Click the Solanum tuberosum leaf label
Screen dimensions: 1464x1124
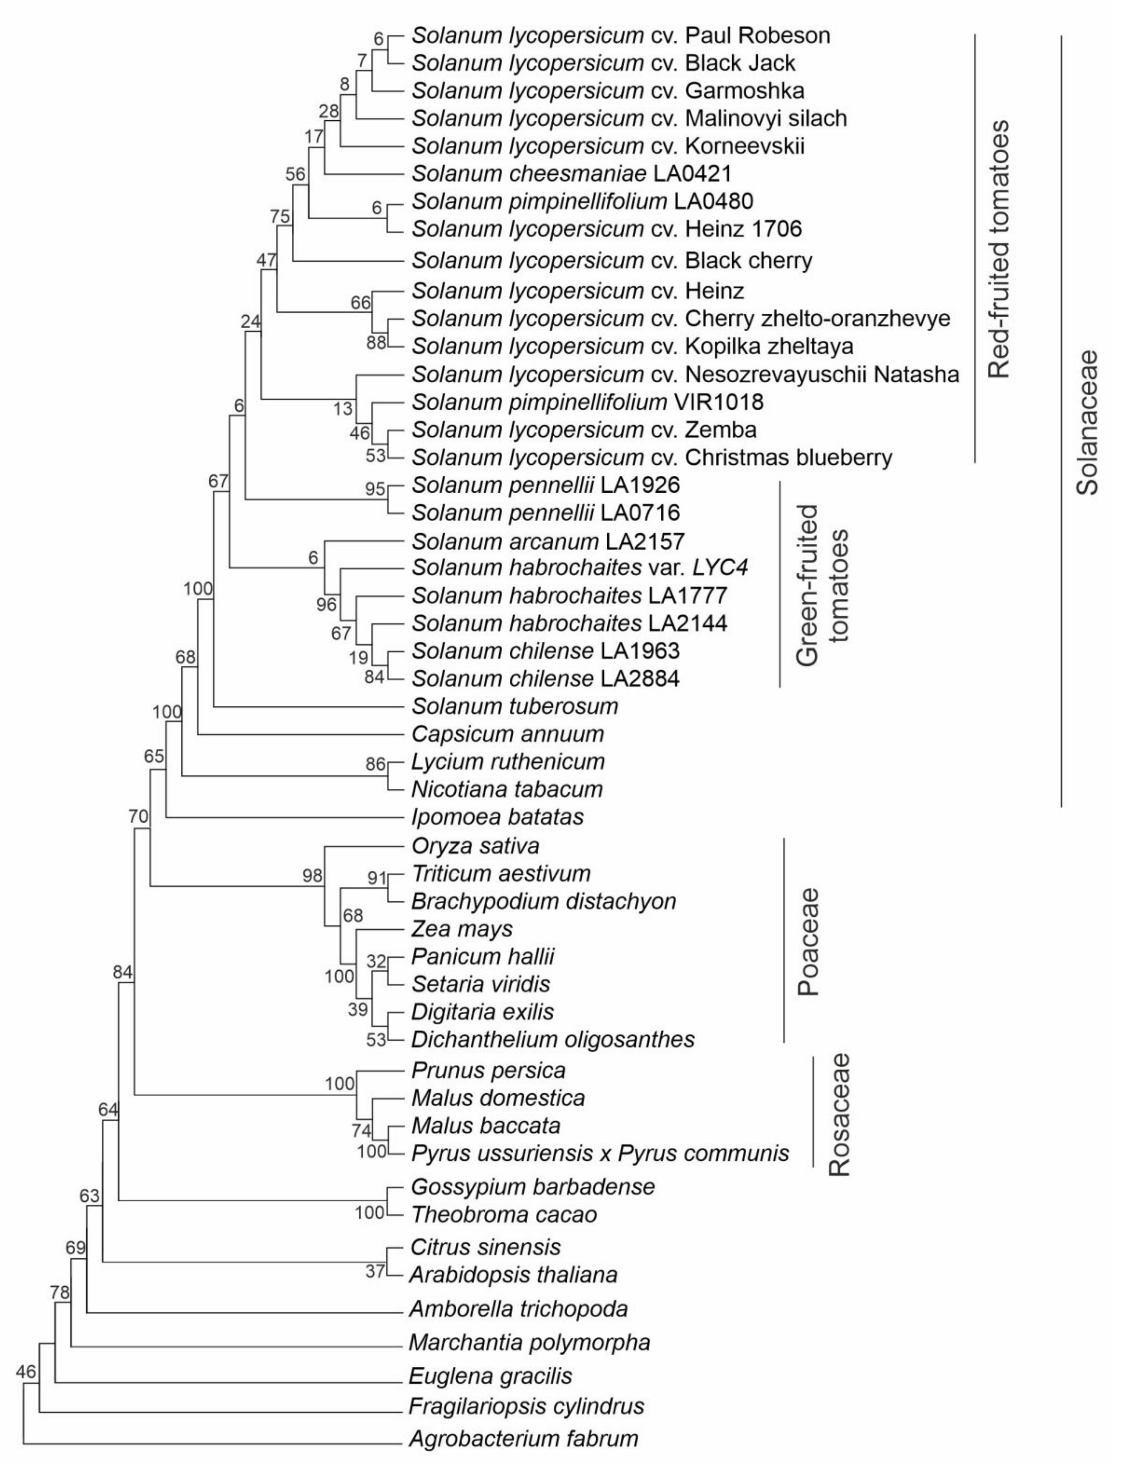coord(514,706)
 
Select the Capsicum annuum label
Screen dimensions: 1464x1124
coord(507,734)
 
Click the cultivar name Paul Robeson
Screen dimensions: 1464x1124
coord(757,36)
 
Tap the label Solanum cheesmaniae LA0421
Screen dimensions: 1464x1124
coord(571,174)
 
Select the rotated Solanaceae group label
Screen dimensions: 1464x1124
coord(1087,423)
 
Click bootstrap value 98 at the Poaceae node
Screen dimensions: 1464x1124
coord(312,875)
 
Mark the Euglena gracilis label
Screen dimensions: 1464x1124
coord(491,1376)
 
